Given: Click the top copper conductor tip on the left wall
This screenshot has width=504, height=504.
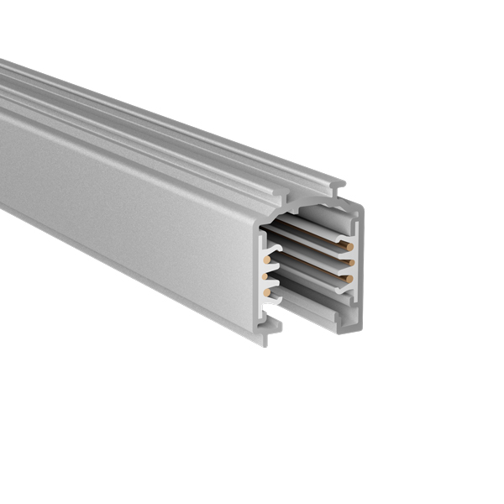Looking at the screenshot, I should tap(267, 260).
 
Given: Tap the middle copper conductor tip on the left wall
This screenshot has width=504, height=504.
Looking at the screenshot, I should tap(266, 276).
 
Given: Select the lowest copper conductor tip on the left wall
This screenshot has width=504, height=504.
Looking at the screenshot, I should tap(267, 291).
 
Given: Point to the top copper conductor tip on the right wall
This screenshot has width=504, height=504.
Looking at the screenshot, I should tap(346, 247).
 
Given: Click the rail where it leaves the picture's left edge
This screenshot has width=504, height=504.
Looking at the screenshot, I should tap(3, 134).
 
